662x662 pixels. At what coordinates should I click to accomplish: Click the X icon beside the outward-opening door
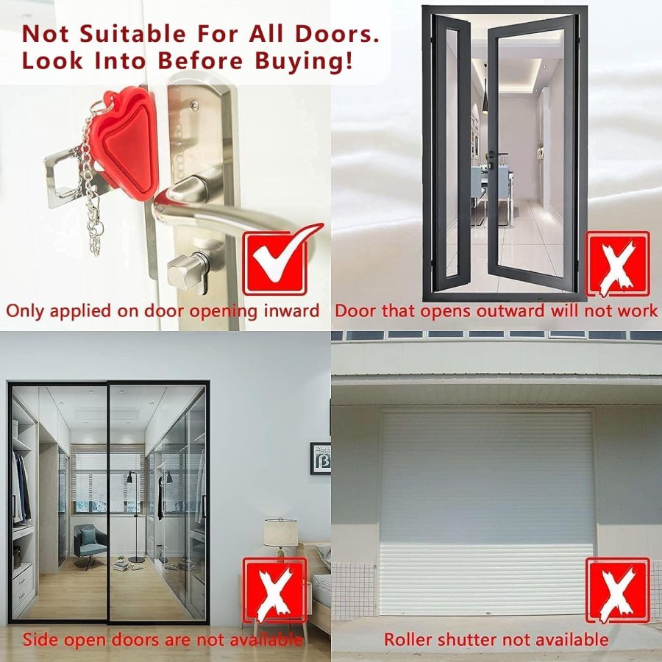[x=617, y=263]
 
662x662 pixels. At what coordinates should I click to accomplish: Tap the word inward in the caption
[x=290, y=310]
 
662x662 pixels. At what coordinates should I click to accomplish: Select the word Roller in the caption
[x=407, y=639]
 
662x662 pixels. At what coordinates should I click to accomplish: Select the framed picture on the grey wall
[x=320, y=458]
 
